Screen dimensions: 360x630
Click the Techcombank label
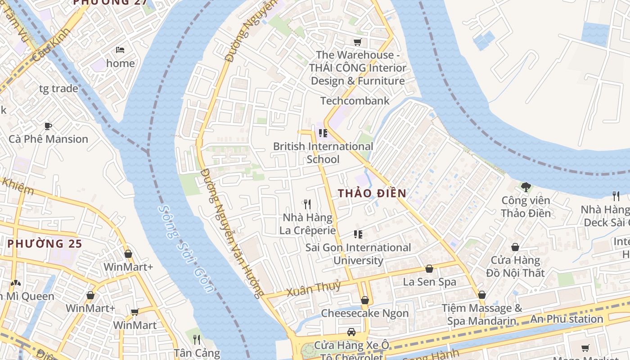pyautogui.click(x=355, y=101)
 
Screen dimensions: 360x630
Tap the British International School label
pyautogui.click(x=323, y=153)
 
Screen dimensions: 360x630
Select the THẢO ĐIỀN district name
pyautogui.click(x=372, y=193)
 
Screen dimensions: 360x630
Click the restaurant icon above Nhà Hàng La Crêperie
pyautogui.click(x=307, y=204)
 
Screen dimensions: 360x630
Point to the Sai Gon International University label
pyautogui.click(x=358, y=254)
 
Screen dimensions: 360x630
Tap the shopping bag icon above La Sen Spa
pyautogui.click(x=429, y=269)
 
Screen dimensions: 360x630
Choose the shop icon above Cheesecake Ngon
pyautogui.click(x=365, y=300)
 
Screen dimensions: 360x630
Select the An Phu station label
pyautogui.click(x=567, y=319)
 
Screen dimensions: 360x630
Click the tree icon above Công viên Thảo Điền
pyautogui.click(x=526, y=187)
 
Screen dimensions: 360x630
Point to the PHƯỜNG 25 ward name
pyautogui.click(x=45, y=244)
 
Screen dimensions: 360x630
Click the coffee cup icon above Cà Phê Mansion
pyautogui.click(x=48, y=126)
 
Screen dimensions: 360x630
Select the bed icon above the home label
pyautogui.click(x=120, y=50)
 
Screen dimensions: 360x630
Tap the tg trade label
pyautogui.click(x=58, y=89)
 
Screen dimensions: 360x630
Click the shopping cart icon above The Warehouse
pyautogui.click(x=358, y=42)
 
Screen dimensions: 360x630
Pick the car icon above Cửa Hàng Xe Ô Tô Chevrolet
pyautogui.click(x=351, y=332)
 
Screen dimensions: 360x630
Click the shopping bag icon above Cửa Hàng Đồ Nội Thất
pyautogui.click(x=515, y=247)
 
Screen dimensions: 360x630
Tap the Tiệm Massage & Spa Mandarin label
pyautogui.click(x=481, y=315)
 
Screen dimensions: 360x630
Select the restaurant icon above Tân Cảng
pyautogui.click(x=197, y=339)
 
